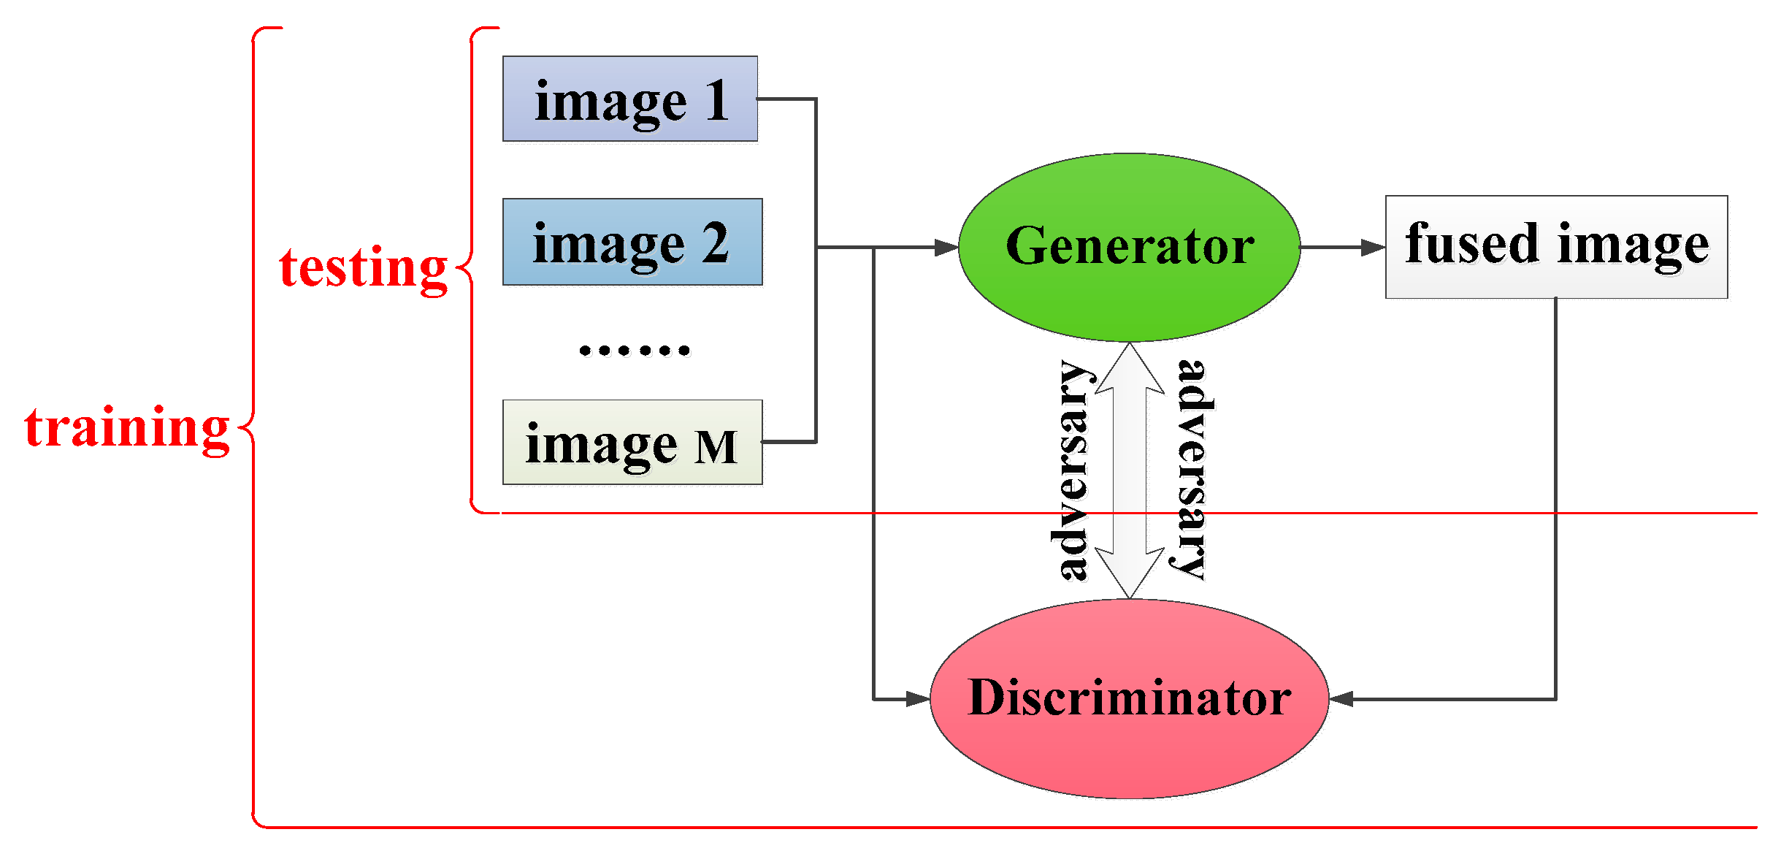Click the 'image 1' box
tap(629, 99)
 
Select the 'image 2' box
tap(632, 242)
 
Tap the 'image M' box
tap(632, 442)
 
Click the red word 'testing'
tap(363, 267)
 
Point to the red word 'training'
tap(127, 427)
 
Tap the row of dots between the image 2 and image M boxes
tap(634, 351)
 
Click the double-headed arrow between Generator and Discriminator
tap(1130, 471)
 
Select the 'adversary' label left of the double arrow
tap(1072, 471)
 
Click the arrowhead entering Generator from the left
tap(946, 248)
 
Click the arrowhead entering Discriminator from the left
tap(918, 699)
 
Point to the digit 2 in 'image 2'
tap(716, 243)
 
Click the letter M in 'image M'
tap(716, 447)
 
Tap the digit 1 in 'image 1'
tap(717, 100)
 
